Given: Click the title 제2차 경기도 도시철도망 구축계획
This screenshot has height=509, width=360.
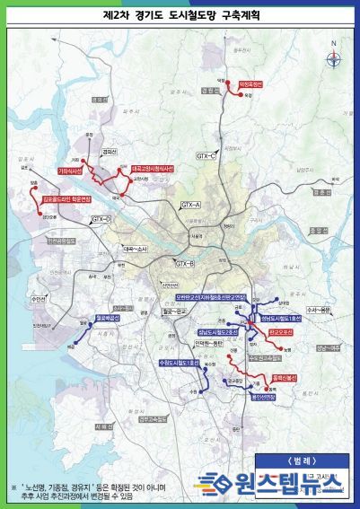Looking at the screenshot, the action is [180, 16].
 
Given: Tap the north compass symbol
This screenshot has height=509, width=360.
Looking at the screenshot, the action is [334, 60].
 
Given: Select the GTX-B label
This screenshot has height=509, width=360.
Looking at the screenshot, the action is [185, 264].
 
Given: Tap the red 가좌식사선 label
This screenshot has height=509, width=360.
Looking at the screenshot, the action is [70, 169].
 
